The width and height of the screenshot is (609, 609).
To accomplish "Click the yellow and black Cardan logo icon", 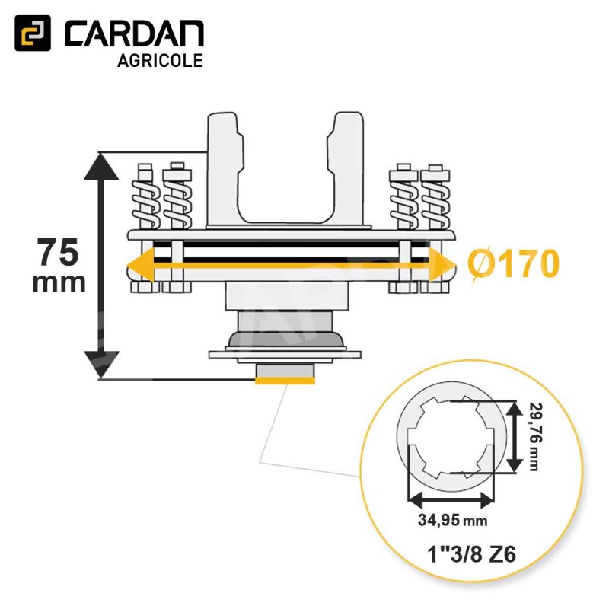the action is tap(33, 33).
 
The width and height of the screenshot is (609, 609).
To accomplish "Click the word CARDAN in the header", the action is tap(134, 33).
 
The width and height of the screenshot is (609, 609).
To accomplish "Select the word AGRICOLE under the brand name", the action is tap(161, 61).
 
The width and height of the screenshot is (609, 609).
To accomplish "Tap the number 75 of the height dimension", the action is tap(59, 253).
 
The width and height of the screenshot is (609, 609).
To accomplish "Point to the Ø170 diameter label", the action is tap(513, 263).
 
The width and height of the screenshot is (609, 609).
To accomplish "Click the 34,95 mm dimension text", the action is tap(452, 520).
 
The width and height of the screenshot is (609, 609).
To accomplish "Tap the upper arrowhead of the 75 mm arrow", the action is tap(101, 166).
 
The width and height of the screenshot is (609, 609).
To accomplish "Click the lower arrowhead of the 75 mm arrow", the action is tap(101, 364).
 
